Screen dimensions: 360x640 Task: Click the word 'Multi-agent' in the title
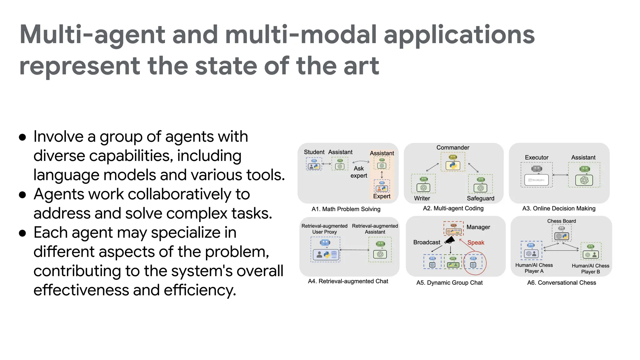pyautogui.click(x=92, y=35)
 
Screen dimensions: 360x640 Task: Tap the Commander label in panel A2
pyautogui.click(x=452, y=147)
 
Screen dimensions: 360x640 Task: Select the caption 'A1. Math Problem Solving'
pyautogui.click(x=346, y=209)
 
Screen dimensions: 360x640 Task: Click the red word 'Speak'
pyautogui.click(x=476, y=242)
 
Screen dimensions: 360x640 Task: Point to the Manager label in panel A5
pyautogui.click(x=478, y=227)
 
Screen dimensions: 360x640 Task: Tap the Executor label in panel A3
pyautogui.click(x=536, y=157)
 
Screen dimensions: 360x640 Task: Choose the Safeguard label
pyautogui.click(x=480, y=198)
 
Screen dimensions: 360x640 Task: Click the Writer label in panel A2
pyautogui.click(x=422, y=198)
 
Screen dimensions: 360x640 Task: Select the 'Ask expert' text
pyautogui.click(x=358, y=172)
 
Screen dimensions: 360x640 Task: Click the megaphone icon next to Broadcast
pyautogui.click(x=450, y=240)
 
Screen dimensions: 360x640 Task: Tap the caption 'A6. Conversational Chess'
pyautogui.click(x=561, y=283)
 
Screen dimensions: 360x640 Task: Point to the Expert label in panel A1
pyautogui.click(x=382, y=196)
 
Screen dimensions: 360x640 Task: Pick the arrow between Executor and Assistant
pyautogui.click(x=560, y=175)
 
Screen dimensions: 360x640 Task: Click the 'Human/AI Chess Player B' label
pyautogui.click(x=590, y=268)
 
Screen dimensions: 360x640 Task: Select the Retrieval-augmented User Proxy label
pyautogui.click(x=324, y=229)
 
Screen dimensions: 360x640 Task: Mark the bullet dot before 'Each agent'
pyautogui.click(x=22, y=233)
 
